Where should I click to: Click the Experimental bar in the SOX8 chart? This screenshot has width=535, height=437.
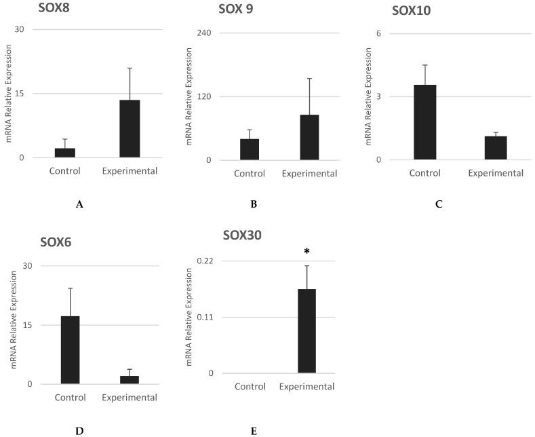130,129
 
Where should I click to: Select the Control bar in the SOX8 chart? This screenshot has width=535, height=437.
65,153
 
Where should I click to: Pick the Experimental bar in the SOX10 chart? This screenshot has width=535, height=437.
496,148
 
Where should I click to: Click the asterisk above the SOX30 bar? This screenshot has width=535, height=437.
306,252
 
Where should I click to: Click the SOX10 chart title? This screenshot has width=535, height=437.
411,12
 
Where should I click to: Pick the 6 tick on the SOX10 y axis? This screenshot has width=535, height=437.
379,33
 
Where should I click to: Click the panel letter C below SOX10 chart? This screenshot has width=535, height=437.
439,204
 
